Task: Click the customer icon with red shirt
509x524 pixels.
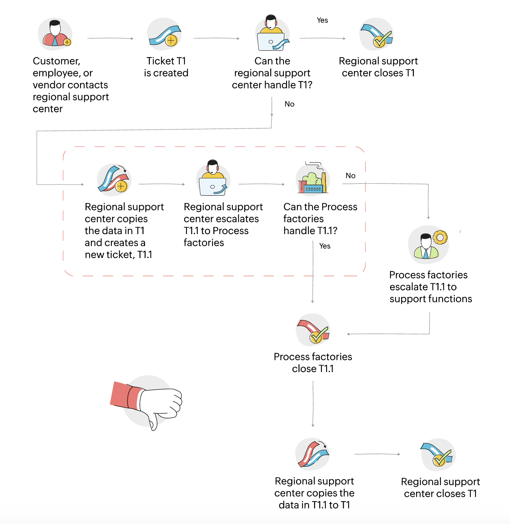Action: point(55,34)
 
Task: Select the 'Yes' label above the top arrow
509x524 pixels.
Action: point(322,20)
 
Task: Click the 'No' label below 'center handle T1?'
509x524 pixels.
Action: point(289,104)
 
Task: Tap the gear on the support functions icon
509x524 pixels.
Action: point(440,237)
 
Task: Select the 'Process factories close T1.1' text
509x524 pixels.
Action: point(313,363)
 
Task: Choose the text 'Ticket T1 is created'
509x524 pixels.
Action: point(166,67)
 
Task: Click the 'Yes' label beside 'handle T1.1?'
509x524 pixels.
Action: point(325,246)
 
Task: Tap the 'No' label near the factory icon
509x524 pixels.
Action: point(350,176)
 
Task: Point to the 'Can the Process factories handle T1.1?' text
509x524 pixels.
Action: point(320,219)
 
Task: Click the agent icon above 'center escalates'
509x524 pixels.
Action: point(213,179)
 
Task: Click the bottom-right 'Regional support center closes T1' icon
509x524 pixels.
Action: point(438,455)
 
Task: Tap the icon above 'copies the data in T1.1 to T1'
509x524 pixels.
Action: point(313,454)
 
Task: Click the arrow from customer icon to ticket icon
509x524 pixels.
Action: point(110,38)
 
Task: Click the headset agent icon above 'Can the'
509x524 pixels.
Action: point(272,34)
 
